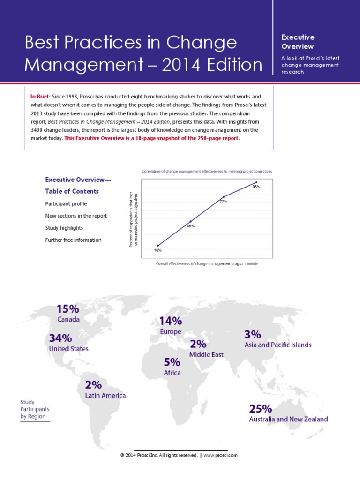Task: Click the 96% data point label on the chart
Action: (x=256, y=187)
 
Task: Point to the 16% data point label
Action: (x=158, y=250)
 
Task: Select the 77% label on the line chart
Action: (x=224, y=202)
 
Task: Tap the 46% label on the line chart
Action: (x=191, y=226)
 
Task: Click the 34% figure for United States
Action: (x=60, y=338)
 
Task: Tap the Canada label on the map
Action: (x=68, y=320)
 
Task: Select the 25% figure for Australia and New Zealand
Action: (x=260, y=408)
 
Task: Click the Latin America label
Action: (x=105, y=395)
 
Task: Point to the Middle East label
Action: (x=206, y=355)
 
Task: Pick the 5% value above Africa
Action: (x=172, y=362)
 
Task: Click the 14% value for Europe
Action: (x=171, y=321)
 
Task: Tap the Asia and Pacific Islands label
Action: (x=278, y=345)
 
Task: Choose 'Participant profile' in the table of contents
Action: (x=66, y=204)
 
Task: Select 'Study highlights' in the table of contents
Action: (x=64, y=228)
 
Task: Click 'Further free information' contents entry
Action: (x=73, y=240)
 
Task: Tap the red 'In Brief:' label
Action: (x=40, y=96)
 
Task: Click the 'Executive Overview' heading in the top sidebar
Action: (x=298, y=42)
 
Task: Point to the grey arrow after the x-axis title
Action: (x=252, y=264)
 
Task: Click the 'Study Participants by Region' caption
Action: (x=35, y=409)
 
